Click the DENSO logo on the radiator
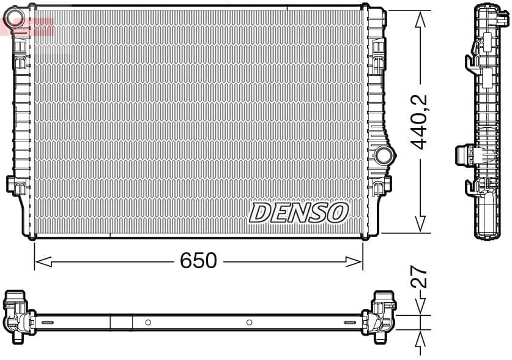(x=299, y=213)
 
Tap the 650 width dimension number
(x=198, y=261)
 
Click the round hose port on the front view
(x=384, y=155)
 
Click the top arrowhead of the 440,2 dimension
(x=420, y=20)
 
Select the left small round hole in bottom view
(x=147, y=322)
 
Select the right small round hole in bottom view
(x=249, y=322)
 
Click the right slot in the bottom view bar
(x=351, y=322)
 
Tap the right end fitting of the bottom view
(x=381, y=313)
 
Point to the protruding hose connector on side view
(x=469, y=154)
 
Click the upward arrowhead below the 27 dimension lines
(x=420, y=339)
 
